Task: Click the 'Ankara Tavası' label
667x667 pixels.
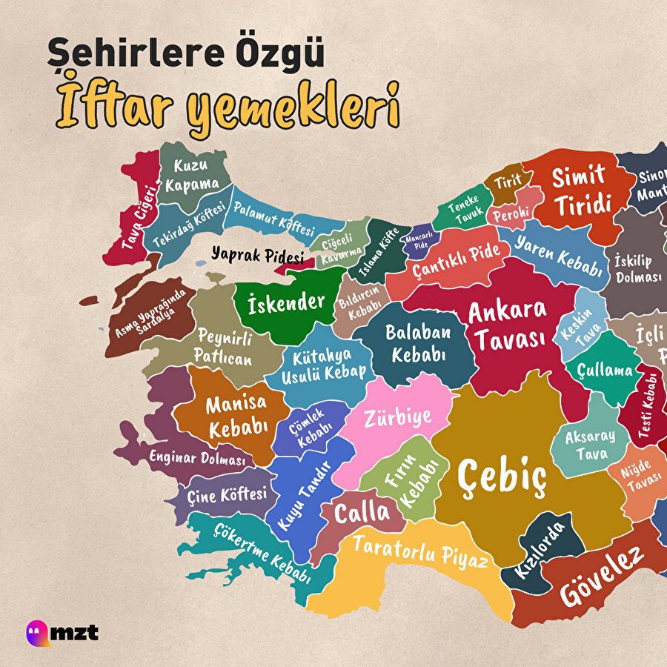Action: [x=508, y=325]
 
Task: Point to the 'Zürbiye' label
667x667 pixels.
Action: [x=397, y=419]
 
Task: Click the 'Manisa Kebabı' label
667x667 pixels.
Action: [x=236, y=417]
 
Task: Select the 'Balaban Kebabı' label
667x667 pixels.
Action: [x=419, y=342]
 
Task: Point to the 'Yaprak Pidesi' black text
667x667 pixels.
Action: [x=257, y=256]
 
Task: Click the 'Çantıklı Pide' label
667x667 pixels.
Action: [x=456, y=260]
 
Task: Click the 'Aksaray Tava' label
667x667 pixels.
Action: [x=586, y=445]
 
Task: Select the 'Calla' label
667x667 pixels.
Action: [x=362, y=512]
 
